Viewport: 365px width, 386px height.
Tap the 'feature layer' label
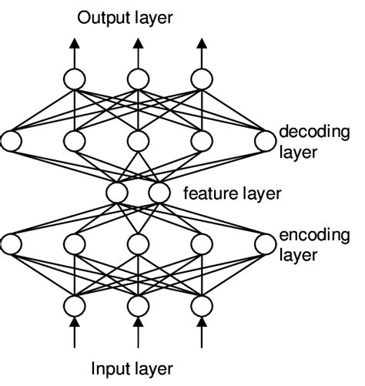click(232, 193)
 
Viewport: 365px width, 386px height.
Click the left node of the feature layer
click(118, 192)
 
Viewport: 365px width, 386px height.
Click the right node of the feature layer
click(158, 192)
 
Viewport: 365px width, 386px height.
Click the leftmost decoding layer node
click(11, 140)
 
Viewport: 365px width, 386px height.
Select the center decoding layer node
click(137, 140)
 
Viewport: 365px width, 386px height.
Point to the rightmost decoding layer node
click(264, 140)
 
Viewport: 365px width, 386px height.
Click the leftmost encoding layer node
click(11, 244)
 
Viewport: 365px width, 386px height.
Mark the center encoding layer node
click(137, 244)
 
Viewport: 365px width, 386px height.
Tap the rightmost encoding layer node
click(264, 244)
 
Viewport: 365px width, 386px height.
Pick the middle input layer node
click(137, 305)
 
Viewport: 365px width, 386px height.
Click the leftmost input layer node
click(74, 305)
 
